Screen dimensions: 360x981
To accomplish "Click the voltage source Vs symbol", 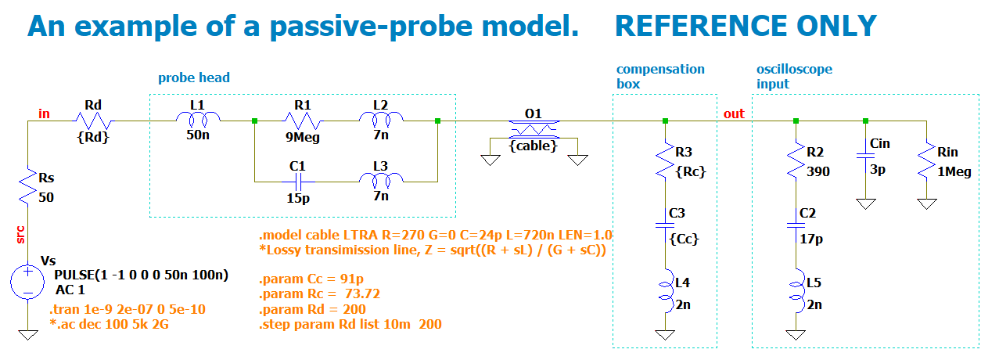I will (x=27, y=283).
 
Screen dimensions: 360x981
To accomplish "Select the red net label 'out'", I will (x=734, y=114).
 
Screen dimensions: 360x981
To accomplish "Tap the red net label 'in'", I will (x=45, y=114).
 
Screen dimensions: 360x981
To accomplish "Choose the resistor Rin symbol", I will (x=926, y=160).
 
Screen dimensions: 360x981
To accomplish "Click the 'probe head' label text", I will (x=194, y=77).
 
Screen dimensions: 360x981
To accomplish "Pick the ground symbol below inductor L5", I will (x=796, y=335).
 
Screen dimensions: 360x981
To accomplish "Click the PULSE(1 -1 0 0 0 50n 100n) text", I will (x=141, y=275).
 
